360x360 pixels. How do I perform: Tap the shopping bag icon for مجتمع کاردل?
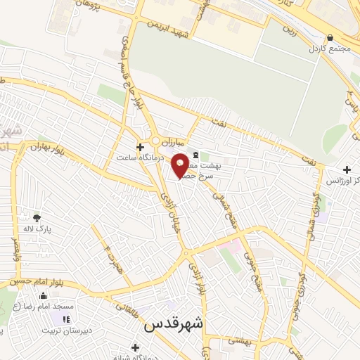point(330,38)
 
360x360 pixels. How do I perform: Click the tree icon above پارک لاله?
point(37,217)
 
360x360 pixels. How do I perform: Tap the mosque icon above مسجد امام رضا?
point(44,296)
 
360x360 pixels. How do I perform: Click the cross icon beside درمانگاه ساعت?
point(140,148)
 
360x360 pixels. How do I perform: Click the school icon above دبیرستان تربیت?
point(66,319)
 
